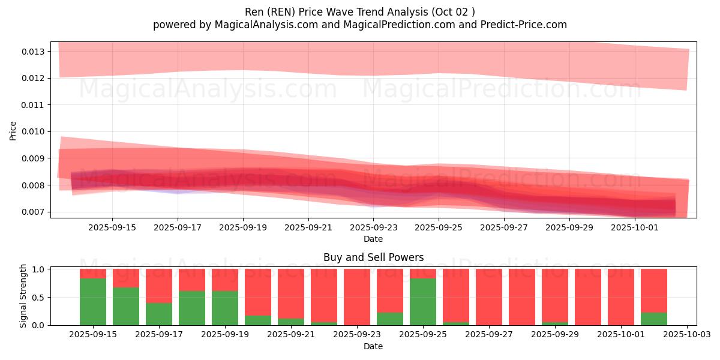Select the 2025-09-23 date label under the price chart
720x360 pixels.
(373, 228)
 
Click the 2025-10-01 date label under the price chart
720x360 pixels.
(635, 228)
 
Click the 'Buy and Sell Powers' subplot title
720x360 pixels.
(373, 258)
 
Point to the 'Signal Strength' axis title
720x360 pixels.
(23, 296)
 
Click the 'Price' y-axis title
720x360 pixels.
(13, 130)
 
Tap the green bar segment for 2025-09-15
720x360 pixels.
(93, 302)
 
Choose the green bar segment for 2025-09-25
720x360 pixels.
(423, 302)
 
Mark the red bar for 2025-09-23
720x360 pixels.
(357, 297)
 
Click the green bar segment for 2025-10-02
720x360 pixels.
(654, 319)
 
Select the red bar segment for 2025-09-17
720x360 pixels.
(159, 286)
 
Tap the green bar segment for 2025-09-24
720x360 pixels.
(390, 319)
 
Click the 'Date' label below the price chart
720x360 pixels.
(373, 239)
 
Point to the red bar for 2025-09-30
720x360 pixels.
(588, 297)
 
